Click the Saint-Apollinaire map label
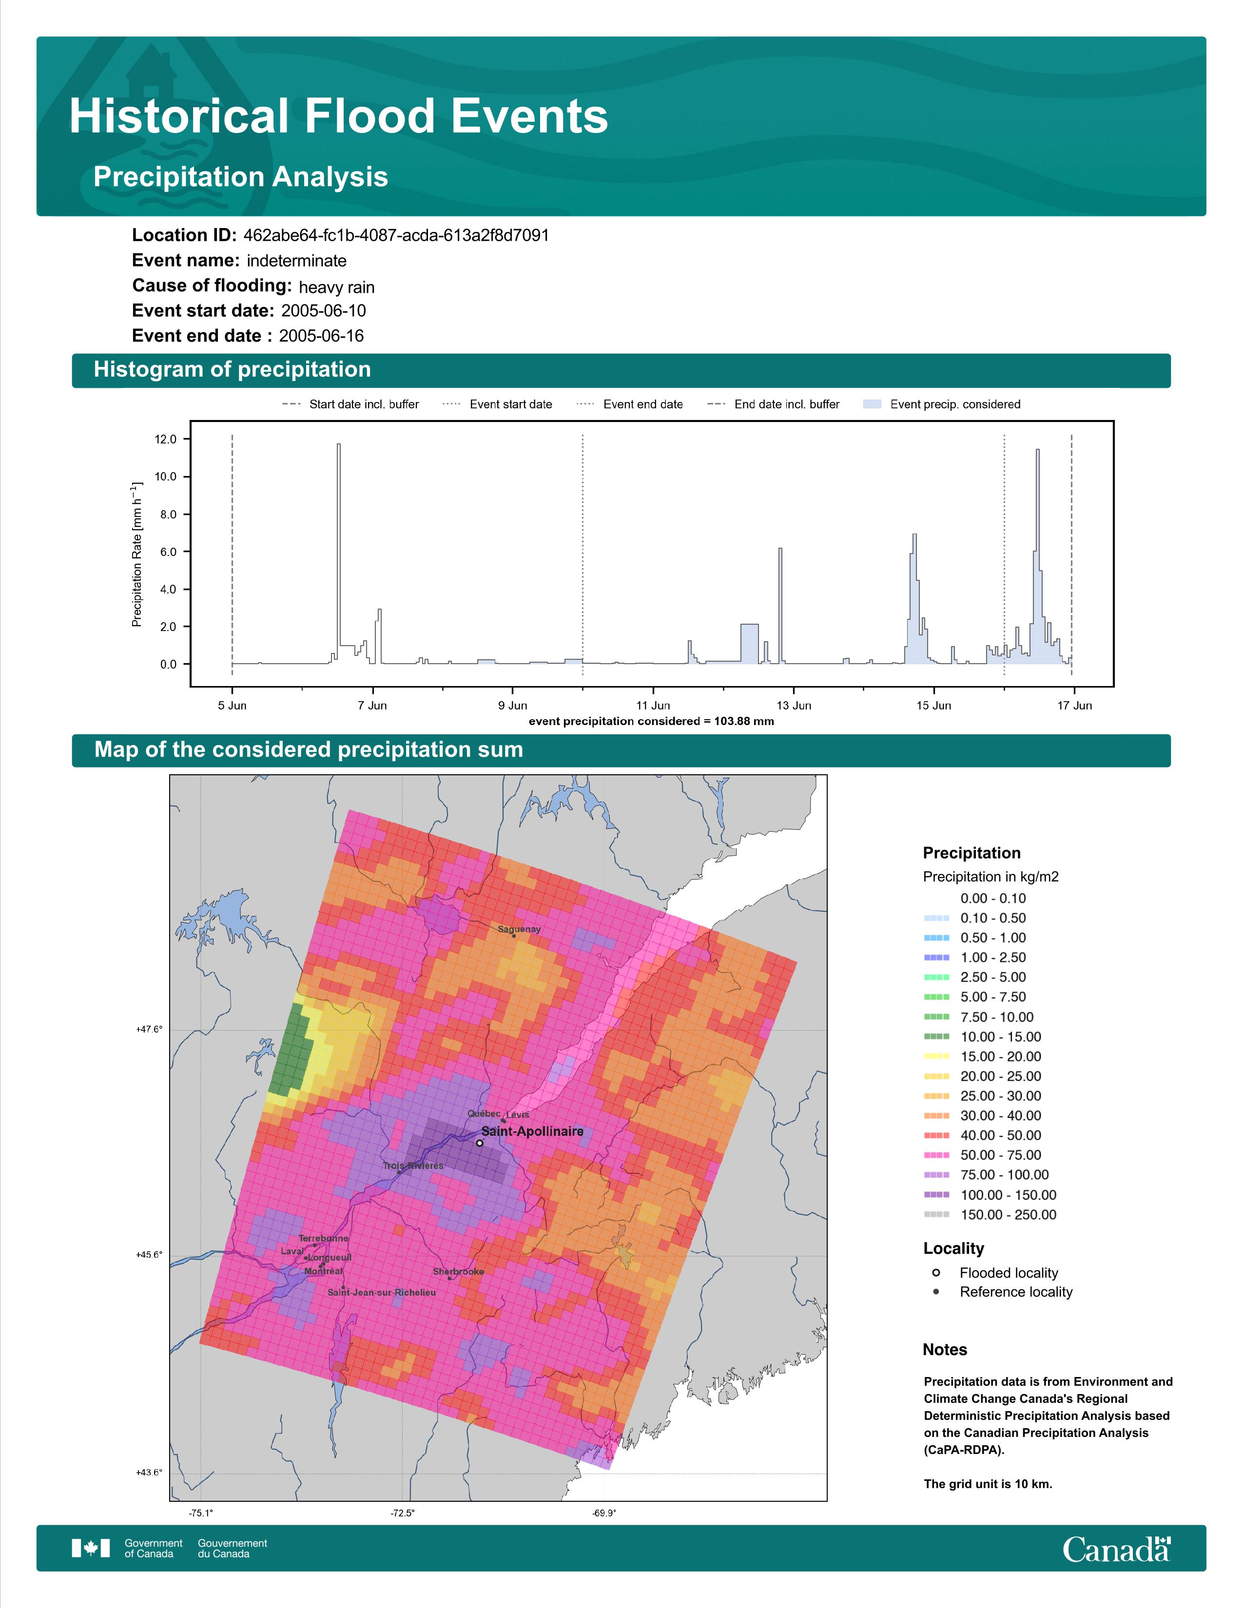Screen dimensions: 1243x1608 pyautogui.click(x=532, y=1131)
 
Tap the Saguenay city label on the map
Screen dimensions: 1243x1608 pyautogui.click(x=519, y=929)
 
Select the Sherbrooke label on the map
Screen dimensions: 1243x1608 pyautogui.click(x=458, y=1271)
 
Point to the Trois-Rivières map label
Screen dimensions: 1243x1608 pyautogui.click(x=413, y=1166)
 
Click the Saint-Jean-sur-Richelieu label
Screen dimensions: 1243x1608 pyautogui.click(x=382, y=1292)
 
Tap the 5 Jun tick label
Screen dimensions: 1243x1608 pyautogui.click(x=232, y=706)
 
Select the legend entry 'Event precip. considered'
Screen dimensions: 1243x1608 pyautogui.click(x=942, y=404)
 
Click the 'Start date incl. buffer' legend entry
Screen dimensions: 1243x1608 pyautogui.click(x=350, y=404)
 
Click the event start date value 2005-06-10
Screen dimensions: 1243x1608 pyautogui.click(x=323, y=311)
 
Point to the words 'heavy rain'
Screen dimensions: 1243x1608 pyautogui.click(x=336, y=287)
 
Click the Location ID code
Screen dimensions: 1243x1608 pyautogui.click(x=396, y=236)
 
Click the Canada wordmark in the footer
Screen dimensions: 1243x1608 pyautogui.click(x=1116, y=1549)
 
